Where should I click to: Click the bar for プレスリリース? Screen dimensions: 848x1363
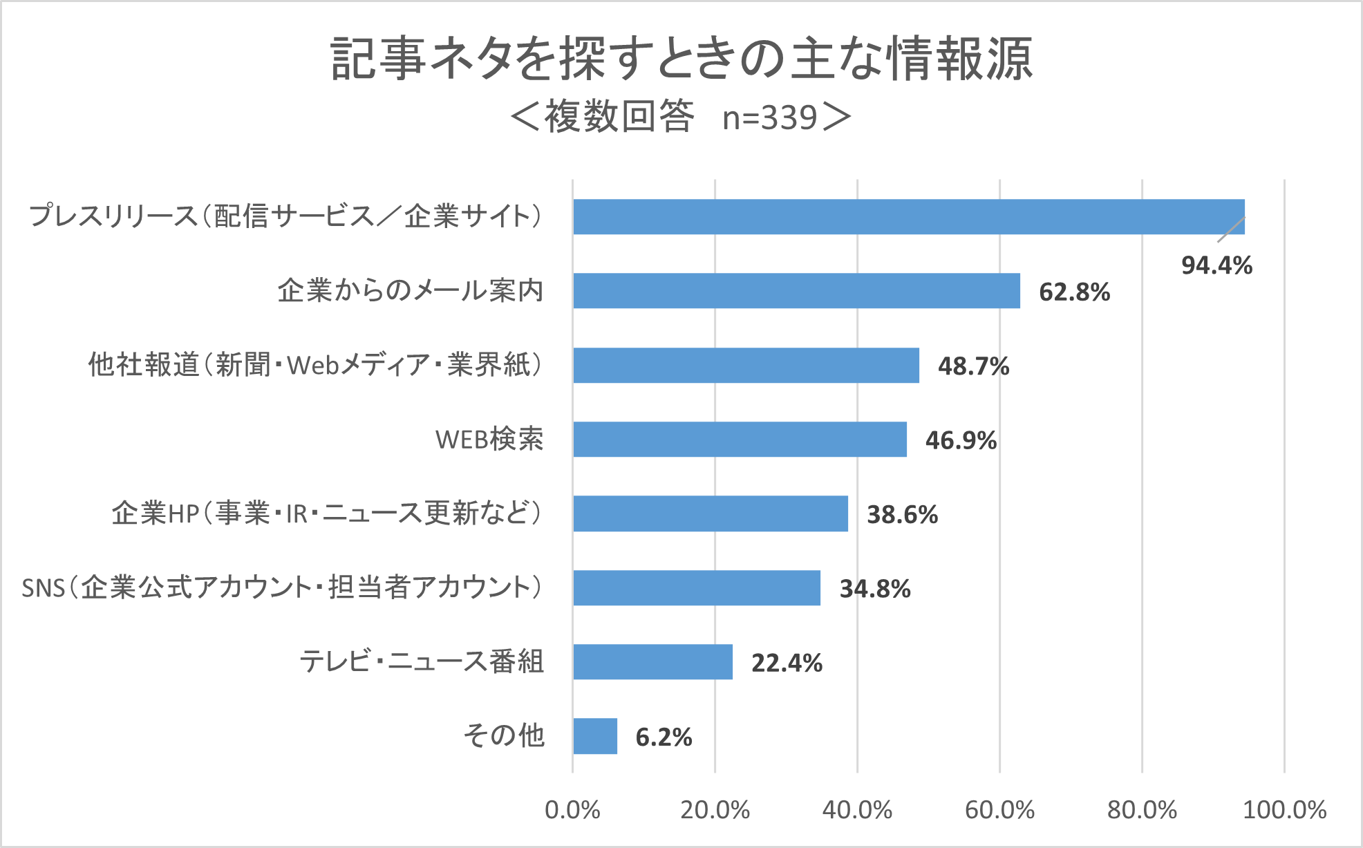tap(908, 217)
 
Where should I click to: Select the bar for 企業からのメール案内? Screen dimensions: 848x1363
tap(796, 291)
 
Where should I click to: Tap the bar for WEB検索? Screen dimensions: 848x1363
tap(740, 440)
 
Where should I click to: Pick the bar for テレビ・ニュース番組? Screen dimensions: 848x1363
tap(652, 662)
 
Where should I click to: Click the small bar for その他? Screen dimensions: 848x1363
tap(595, 736)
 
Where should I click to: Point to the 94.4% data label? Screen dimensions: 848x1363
tap(1216, 265)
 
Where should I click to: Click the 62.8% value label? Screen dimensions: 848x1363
tap(1074, 292)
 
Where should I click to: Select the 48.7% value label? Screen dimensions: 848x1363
tap(973, 366)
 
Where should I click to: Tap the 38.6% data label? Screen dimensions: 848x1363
tap(902, 515)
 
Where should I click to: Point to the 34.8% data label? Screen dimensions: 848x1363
tap(875, 589)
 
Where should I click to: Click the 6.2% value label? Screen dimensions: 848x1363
tap(664, 737)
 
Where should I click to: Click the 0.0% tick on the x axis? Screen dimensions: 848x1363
tap(572, 810)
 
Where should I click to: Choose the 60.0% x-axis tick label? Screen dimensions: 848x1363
tap(999, 810)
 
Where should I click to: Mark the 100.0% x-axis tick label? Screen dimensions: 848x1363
tap(1284, 810)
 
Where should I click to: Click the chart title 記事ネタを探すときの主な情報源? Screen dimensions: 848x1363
tap(681, 59)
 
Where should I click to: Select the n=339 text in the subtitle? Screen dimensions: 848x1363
tap(770, 117)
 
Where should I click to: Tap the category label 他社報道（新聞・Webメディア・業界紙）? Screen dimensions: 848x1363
tap(316, 365)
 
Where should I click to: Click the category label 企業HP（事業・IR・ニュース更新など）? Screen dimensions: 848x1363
tap(328, 513)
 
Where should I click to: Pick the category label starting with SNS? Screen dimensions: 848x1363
tap(282, 587)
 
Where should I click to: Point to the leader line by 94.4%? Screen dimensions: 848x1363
tap(1231, 229)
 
